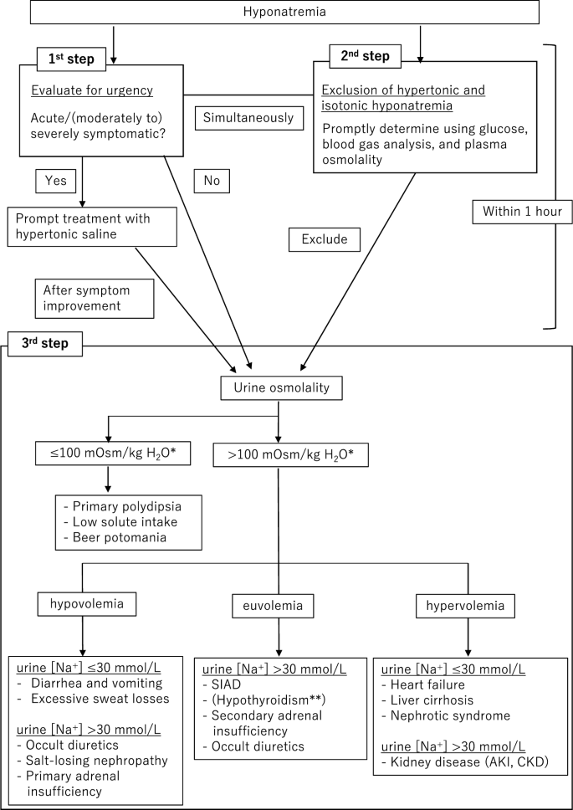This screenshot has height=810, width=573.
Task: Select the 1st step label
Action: (71, 59)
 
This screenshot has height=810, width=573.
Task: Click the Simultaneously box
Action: (248, 118)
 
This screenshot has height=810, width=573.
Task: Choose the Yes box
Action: (55, 179)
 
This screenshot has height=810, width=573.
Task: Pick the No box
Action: (212, 179)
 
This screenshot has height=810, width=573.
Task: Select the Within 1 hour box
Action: (522, 212)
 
